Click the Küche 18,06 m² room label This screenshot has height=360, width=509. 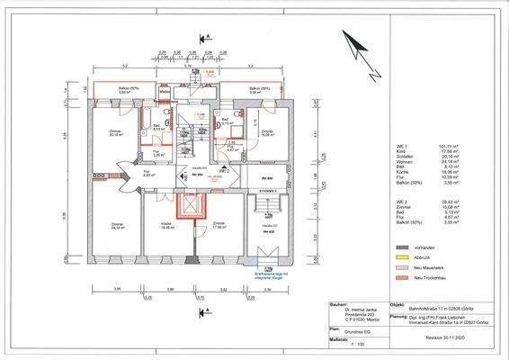pyautogui.click(x=166, y=226)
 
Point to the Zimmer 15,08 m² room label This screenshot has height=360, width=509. pyautogui.click(x=267, y=132)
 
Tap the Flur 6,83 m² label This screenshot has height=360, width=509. pyautogui.click(x=125, y=175)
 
